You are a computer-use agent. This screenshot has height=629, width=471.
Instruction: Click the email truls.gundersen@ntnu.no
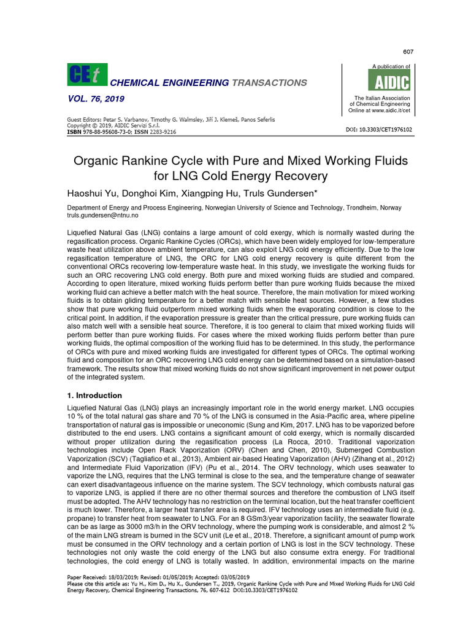(x=102, y=216)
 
